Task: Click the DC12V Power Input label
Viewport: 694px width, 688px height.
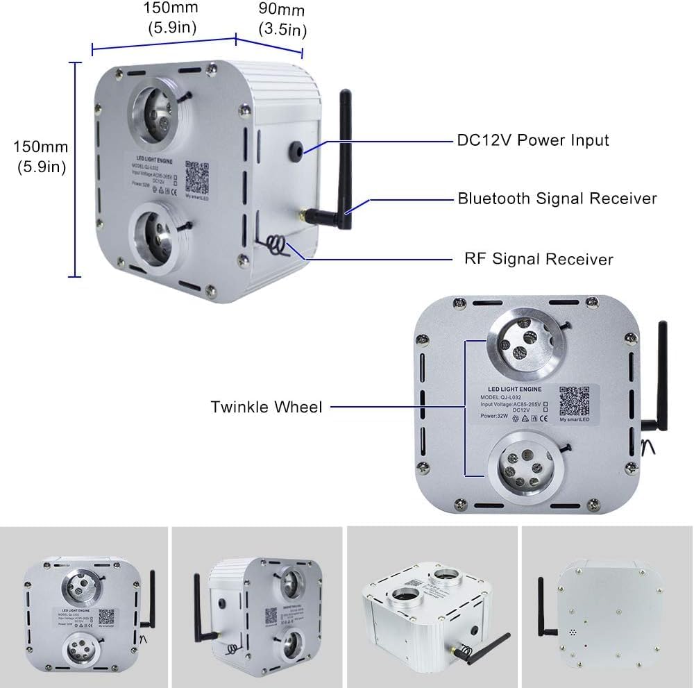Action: click(x=532, y=140)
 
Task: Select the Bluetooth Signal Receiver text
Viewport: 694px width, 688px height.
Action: click(x=557, y=199)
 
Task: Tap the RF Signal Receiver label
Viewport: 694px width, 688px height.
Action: click(x=539, y=259)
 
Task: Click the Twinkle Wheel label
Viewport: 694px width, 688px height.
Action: click(x=266, y=407)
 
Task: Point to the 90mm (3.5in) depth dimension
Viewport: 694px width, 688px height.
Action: click(x=282, y=20)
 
